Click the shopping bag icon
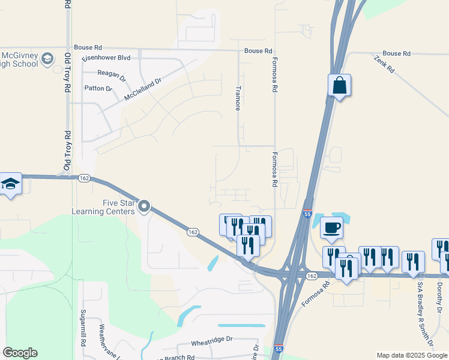click(x=339, y=85)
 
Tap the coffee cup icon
click(x=332, y=227)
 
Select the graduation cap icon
click(x=10, y=183)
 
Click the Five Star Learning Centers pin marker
click(x=144, y=207)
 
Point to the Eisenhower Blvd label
click(x=106, y=58)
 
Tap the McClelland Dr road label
click(x=143, y=89)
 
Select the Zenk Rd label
click(x=384, y=64)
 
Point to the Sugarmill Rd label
click(x=83, y=329)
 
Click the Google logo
click(x=20, y=353)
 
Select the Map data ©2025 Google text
click(x=412, y=355)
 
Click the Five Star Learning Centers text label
click(x=103, y=207)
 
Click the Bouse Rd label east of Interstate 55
click(x=396, y=53)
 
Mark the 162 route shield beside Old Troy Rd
click(x=84, y=178)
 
